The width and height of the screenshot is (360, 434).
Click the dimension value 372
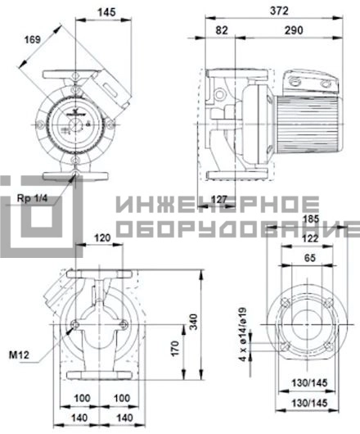279,11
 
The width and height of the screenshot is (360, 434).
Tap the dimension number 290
294,30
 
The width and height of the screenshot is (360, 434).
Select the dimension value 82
222,30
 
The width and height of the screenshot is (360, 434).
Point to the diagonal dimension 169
33,39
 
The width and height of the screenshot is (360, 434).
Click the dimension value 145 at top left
106,12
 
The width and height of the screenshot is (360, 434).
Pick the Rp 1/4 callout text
33,198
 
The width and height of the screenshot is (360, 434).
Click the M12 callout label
19,355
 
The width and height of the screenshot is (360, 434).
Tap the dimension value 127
219,199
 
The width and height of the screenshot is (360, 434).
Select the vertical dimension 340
194,322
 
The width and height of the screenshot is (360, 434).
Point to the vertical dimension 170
175,348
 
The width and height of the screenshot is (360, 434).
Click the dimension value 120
102,237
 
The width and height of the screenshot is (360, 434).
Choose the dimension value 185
311,219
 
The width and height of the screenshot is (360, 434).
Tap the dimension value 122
310,238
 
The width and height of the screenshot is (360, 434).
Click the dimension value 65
309,258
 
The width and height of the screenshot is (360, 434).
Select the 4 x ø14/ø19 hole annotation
243,334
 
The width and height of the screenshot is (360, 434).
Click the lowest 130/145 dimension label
309,403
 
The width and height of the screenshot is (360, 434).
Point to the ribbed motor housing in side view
308,123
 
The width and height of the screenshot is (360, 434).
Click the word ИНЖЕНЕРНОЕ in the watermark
218,204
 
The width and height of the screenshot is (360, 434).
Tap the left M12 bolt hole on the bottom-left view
74,324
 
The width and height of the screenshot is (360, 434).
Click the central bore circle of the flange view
307,324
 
